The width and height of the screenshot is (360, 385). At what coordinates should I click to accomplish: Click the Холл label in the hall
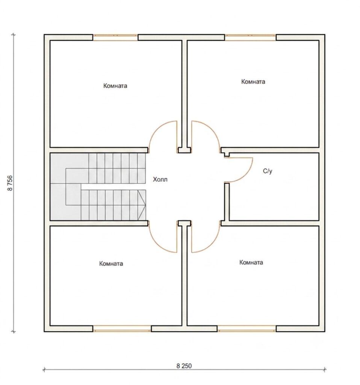(x=160, y=179)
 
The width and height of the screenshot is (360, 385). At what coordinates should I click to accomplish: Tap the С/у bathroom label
(x=268, y=171)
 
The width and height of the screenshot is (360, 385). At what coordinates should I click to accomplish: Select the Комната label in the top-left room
(x=115, y=86)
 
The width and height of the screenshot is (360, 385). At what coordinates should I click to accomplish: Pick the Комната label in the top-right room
(x=253, y=82)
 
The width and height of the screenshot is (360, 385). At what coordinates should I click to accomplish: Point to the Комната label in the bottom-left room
(x=111, y=264)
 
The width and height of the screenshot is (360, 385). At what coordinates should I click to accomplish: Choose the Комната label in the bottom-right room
(x=251, y=262)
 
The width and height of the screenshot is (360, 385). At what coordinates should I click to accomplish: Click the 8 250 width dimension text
(x=184, y=365)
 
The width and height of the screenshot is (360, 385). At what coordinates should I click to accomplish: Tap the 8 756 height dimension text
(x=10, y=183)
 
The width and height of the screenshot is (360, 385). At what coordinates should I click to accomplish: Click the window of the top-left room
(x=115, y=38)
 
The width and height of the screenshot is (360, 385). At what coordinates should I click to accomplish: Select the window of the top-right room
(x=250, y=38)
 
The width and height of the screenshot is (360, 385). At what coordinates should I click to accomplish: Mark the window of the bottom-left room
(x=122, y=329)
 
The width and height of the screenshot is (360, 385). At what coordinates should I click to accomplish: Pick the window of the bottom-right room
(x=247, y=329)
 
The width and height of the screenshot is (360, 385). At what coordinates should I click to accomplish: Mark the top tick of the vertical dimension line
(x=14, y=35)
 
